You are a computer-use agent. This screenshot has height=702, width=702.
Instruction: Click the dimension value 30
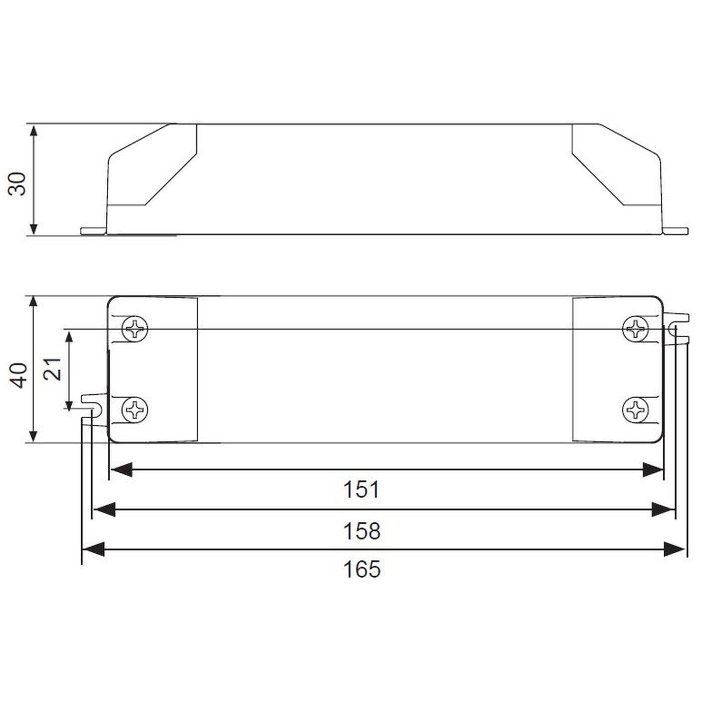point(19,184)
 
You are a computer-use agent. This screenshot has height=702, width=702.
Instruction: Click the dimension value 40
point(20,375)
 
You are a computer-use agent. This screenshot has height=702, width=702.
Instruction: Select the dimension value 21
point(53,369)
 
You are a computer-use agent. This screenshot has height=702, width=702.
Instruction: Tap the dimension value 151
point(361,490)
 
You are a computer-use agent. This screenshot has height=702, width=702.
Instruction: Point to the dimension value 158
point(361,531)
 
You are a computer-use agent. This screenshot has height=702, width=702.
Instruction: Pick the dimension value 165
point(361,570)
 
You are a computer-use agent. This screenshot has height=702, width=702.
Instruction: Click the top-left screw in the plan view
point(135,329)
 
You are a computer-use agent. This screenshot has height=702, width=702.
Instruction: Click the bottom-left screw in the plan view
point(135,410)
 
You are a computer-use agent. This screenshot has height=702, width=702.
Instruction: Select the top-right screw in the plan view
point(635,329)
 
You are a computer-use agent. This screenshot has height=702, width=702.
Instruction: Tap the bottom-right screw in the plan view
point(635,410)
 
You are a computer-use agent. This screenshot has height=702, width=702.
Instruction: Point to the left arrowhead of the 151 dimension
point(120,470)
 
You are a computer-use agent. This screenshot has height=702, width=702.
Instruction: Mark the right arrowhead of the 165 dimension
point(674,549)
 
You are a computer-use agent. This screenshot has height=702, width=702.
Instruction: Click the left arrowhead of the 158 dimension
point(104,510)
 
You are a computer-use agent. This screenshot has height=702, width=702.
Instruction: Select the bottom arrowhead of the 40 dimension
point(34,434)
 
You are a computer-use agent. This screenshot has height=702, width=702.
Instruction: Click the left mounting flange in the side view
point(94,231)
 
